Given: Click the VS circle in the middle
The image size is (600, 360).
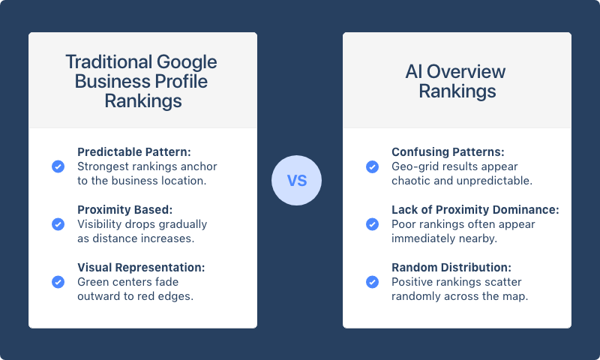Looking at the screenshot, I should (x=296, y=181).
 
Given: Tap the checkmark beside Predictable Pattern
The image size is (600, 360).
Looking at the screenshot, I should (x=58, y=166).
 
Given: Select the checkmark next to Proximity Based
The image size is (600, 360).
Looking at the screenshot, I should (x=58, y=224).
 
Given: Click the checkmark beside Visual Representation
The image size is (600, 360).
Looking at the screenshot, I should (x=58, y=282).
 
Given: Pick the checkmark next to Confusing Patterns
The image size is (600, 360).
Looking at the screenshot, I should (x=372, y=166).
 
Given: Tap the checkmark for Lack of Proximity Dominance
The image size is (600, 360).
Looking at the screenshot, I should (x=372, y=224).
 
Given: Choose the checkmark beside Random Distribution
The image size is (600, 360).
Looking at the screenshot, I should (x=372, y=282).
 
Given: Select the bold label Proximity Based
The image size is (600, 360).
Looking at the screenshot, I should (x=124, y=210).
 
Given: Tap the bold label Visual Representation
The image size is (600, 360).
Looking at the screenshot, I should (x=141, y=268).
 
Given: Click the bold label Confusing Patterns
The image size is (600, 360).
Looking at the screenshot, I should (x=448, y=152).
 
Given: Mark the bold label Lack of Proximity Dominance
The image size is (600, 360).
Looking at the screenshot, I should (x=475, y=210).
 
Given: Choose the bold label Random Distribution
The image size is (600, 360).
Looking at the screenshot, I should (x=451, y=268).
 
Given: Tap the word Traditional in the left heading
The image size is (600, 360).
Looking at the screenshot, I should (x=108, y=61).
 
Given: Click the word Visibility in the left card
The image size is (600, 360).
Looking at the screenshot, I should (x=103, y=224).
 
